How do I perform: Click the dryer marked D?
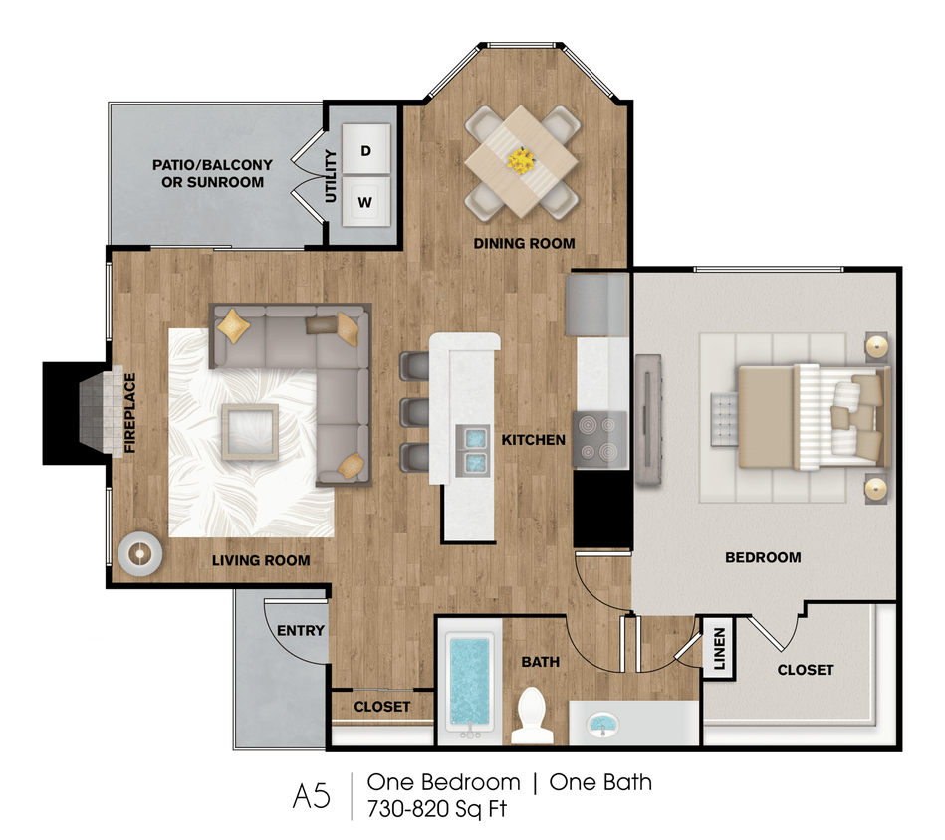point(365,151)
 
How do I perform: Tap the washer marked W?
point(365,203)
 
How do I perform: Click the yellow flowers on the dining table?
point(521,159)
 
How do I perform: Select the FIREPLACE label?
point(129,413)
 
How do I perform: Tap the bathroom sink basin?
point(601,724)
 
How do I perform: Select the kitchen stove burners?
point(600,438)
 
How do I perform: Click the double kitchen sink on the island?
point(471,449)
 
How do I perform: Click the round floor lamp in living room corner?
point(138,554)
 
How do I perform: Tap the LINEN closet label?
point(719,649)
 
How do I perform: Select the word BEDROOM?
point(763,557)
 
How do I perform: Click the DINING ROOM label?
point(524,243)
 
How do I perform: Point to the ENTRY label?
point(300,630)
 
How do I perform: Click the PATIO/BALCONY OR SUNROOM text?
point(208,173)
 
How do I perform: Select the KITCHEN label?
point(533,439)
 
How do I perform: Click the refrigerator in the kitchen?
point(596,305)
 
